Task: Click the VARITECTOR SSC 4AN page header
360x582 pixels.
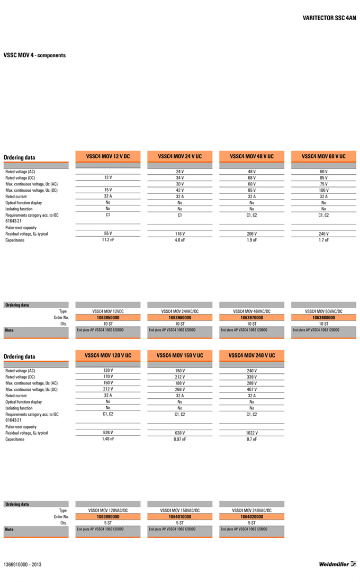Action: tap(329, 17)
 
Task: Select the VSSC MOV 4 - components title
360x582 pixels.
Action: tap(35, 55)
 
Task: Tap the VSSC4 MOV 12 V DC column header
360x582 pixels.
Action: tap(108, 156)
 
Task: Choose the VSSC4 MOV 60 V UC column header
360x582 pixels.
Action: tap(323, 156)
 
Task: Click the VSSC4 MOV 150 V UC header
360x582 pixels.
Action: tap(179, 355)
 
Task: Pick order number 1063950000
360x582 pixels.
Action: tap(108, 318)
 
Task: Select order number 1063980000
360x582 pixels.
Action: tap(323, 318)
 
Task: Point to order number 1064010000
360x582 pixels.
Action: tap(179, 516)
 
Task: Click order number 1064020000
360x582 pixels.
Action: tap(251, 516)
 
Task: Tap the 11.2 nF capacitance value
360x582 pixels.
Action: tap(108, 240)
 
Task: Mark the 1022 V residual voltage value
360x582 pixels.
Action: tap(251, 433)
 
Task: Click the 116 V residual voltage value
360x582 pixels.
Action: tap(179, 234)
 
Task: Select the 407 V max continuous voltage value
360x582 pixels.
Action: tap(251, 389)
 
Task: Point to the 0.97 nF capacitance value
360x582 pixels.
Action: tap(179, 439)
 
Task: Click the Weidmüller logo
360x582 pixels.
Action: tap(337, 564)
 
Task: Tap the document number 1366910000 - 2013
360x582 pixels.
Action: tap(22, 565)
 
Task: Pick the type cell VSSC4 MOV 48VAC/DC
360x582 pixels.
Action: tap(251, 311)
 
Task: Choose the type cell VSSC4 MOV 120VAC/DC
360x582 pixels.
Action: tap(108, 510)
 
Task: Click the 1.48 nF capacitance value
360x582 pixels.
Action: tap(108, 438)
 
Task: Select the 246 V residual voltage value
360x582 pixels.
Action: tap(323, 234)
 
